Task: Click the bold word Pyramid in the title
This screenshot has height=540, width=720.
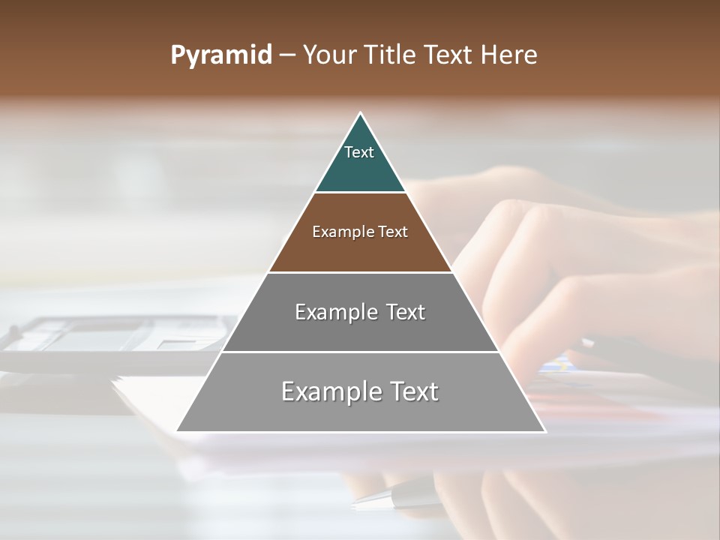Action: click(220, 55)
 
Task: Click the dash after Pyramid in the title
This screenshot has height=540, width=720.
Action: click(287, 55)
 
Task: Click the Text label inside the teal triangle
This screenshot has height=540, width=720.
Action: click(359, 152)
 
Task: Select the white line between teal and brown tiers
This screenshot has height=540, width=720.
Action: click(360, 192)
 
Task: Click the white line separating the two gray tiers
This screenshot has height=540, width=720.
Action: click(360, 352)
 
